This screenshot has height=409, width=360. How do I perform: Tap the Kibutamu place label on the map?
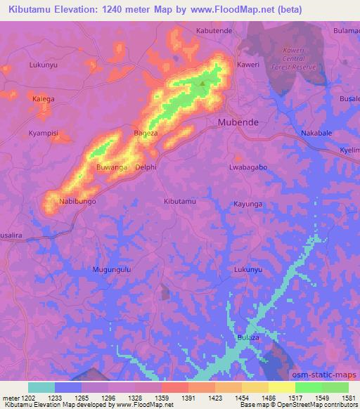pos(180,202)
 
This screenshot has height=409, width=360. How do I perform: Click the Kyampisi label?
pos(44,132)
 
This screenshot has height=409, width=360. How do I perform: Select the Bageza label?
pos(146,132)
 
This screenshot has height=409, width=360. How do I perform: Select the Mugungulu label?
pos(112,270)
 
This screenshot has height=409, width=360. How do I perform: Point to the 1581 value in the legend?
pos(339,398)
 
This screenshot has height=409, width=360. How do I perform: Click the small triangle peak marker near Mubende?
pos(203,85)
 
